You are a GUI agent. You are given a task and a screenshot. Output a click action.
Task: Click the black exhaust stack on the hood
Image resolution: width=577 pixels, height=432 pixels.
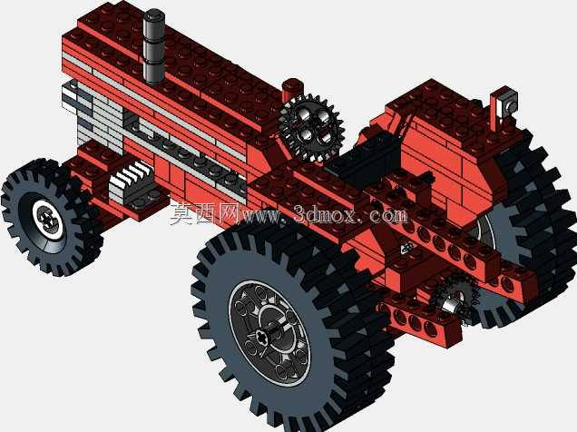tap(154, 46)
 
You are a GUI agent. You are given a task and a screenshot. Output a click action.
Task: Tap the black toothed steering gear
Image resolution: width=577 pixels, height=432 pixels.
tap(311, 128)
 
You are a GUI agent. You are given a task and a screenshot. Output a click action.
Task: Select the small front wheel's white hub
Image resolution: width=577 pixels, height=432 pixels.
tap(48, 220)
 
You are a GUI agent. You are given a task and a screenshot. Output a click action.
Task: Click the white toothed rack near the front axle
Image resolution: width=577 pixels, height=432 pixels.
tap(131, 181)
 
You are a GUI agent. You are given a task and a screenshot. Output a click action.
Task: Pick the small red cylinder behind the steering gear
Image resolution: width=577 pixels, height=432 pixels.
tap(292, 90)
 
